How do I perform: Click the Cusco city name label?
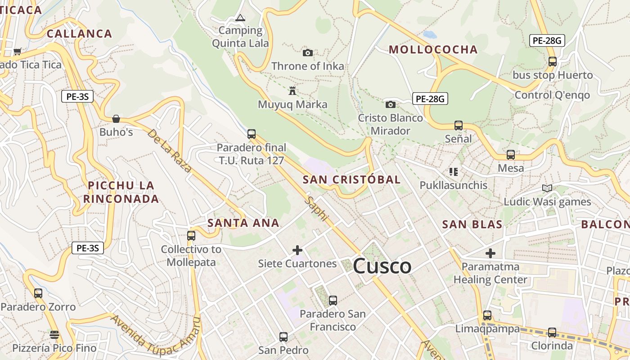coord(382,266)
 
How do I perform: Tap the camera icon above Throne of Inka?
coord(308,53)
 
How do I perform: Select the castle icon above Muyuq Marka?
coord(292,91)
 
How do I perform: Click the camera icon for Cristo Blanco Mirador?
coord(391,105)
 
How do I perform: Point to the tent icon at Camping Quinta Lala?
coord(240,18)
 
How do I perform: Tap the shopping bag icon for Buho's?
coord(116,119)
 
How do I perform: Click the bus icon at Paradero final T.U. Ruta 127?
coord(252,134)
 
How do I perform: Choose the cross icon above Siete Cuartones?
coord(297,250)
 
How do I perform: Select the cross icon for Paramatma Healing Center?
coord(490,253)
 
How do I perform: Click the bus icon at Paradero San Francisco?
coord(333,301)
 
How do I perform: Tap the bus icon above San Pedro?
coord(283,337)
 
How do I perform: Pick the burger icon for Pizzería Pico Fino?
coord(54,335)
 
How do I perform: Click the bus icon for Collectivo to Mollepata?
coord(191,235)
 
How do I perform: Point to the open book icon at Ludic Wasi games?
coord(547,189)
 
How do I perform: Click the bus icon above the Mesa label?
coord(511,155)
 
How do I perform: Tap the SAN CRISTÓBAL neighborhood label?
coord(351,180)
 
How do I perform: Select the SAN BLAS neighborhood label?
coord(472,225)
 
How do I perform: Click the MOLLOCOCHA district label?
coord(433,49)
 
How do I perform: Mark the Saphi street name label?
coord(316,208)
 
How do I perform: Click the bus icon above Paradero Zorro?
coord(38,293)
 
